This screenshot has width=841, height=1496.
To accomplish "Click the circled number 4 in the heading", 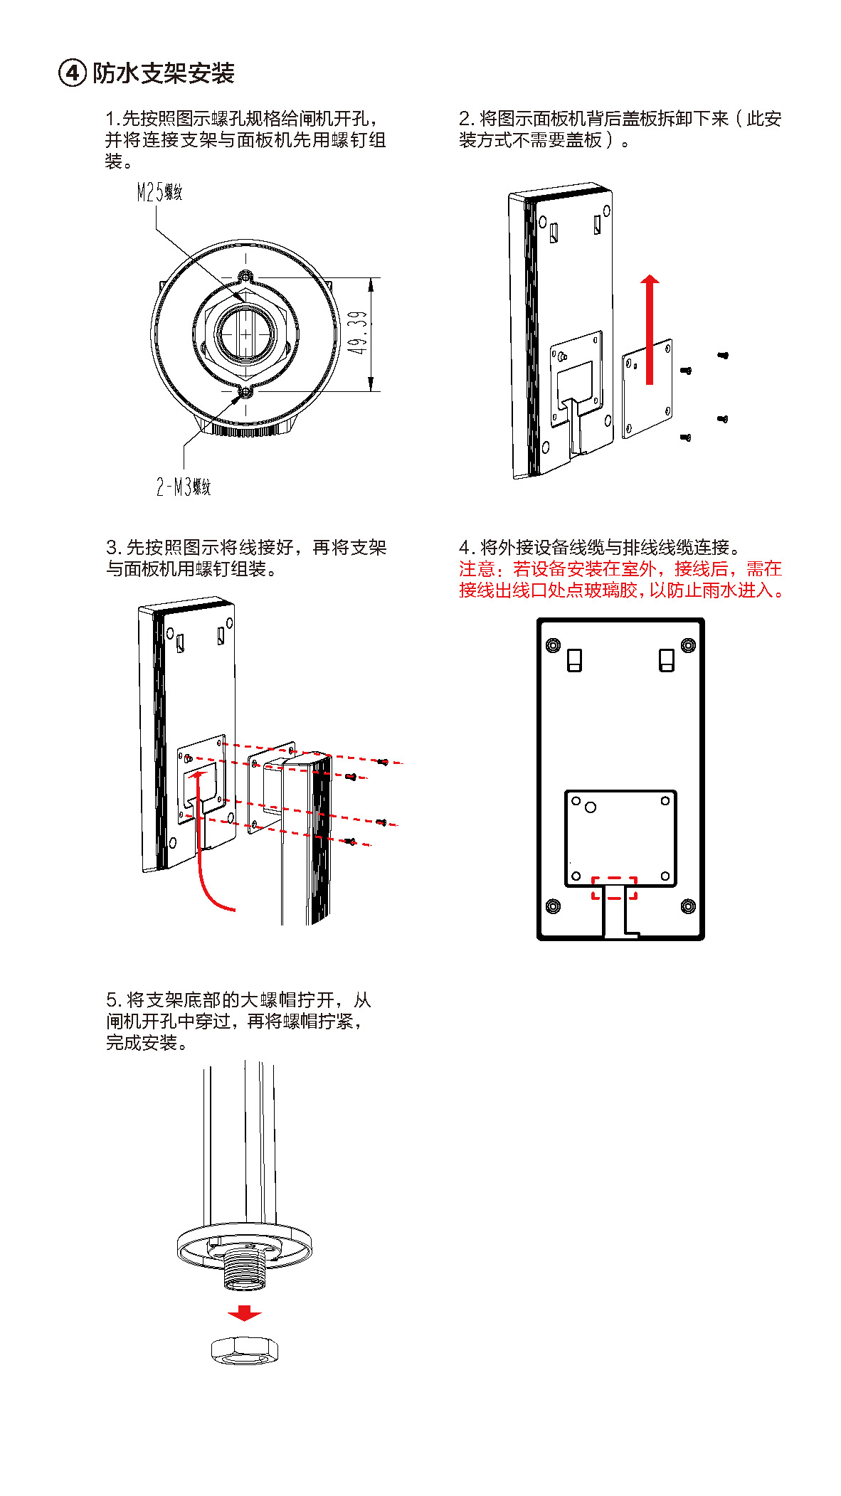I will (x=72, y=73).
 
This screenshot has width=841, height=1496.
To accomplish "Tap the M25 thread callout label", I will (x=159, y=192).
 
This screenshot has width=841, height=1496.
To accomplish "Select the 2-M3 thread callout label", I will (x=184, y=487).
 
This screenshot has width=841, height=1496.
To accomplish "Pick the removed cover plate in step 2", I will (x=647, y=388).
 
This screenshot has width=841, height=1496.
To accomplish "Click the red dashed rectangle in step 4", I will (x=614, y=888).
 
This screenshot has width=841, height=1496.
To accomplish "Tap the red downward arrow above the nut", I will (x=244, y=1313).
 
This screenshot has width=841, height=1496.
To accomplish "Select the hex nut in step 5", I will (x=244, y=1349).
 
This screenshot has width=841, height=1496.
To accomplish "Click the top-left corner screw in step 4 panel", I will (x=553, y=645).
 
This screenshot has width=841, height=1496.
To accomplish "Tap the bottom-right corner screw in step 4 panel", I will (x=688, y=906).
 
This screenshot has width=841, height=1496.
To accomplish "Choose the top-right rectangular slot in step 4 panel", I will (x=667, y=660).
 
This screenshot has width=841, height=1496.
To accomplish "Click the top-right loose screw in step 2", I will (x=723, y=355).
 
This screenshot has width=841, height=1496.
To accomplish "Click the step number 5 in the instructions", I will (x=112, y=1000).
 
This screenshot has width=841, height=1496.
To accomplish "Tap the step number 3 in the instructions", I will (x=112, y=548).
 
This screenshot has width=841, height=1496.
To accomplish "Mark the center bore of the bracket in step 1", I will (x=245, y=333).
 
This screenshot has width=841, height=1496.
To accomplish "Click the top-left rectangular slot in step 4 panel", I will (x=574, y=660).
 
